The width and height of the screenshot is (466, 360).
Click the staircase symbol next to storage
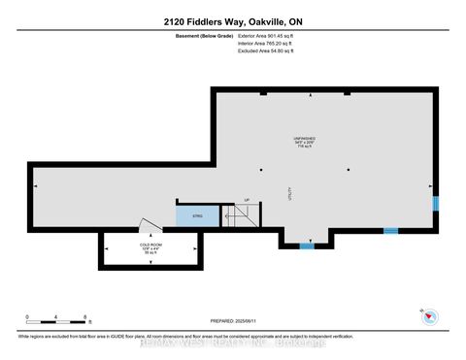tap(240, 217)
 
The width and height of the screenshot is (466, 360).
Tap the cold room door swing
tap(144, 226)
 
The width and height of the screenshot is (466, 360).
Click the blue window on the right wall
tap(436, 203)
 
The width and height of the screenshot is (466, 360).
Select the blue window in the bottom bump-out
tap(306, 246)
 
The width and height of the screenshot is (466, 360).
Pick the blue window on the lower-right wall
tap(390, 231)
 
